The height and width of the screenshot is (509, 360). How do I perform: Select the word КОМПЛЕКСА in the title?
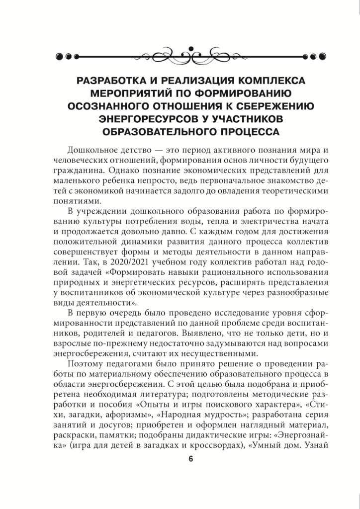pyautogui.click(x=267, y=81)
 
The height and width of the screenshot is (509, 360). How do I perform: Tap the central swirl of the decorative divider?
pyautogui.click(x=180, y=55)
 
